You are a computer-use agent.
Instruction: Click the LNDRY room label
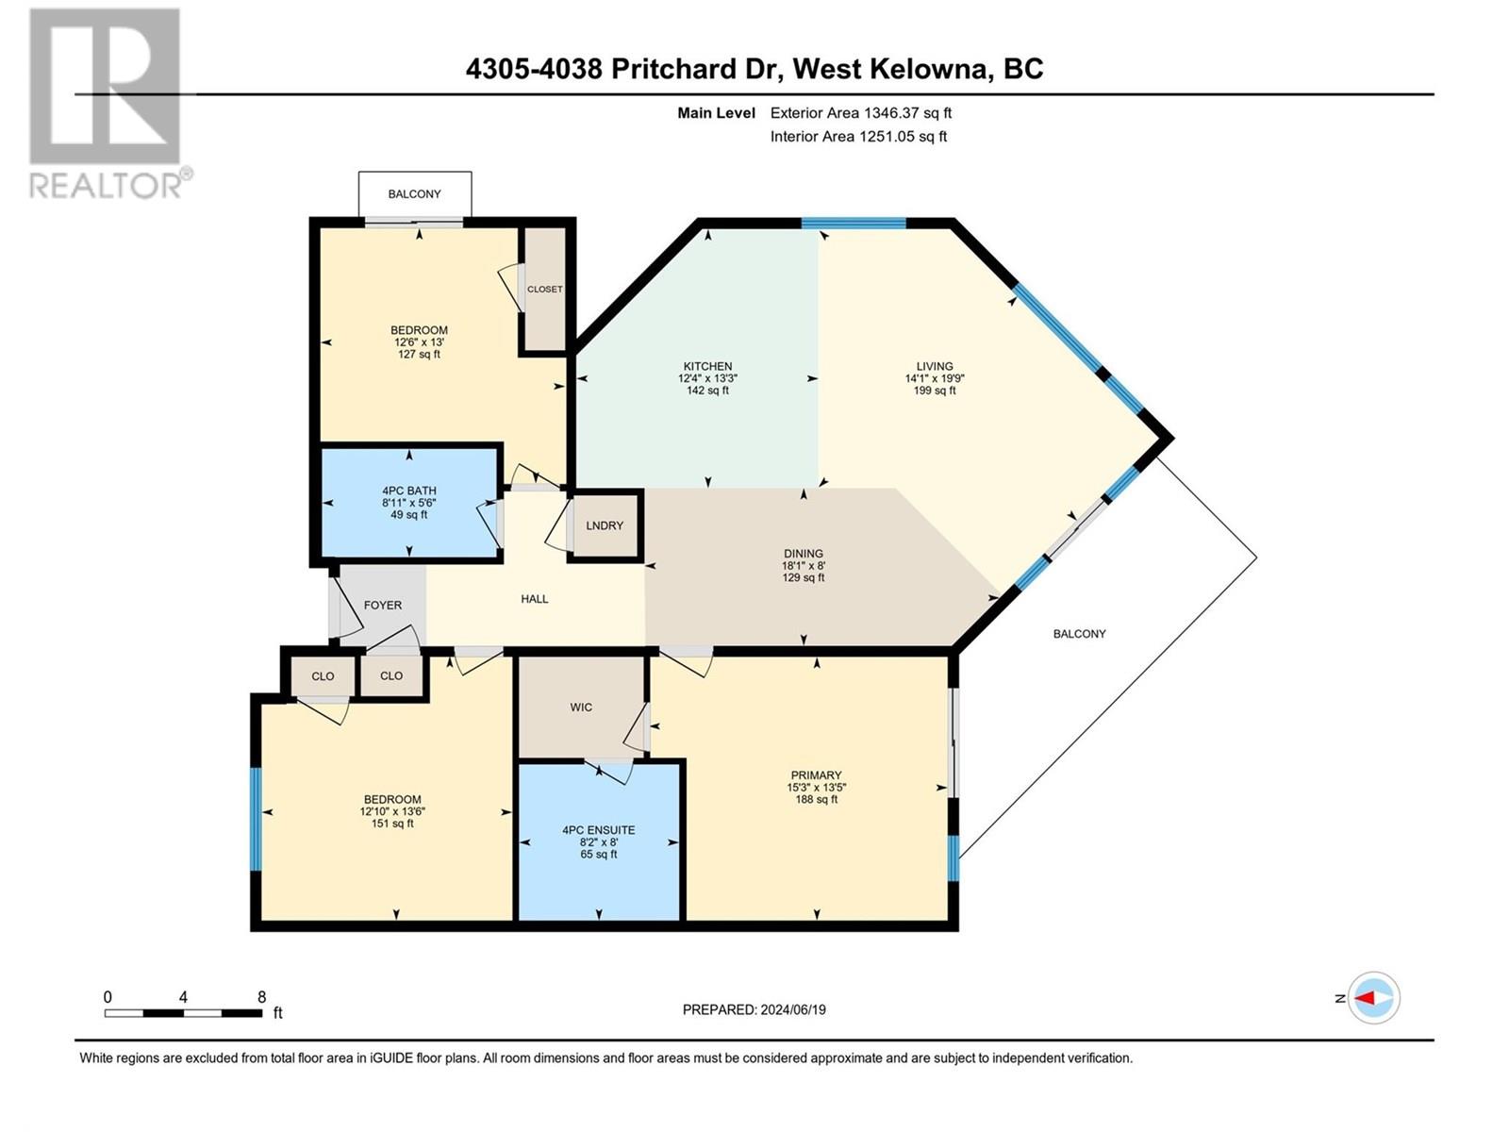(605, 525)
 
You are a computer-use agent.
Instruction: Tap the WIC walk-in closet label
(581, 707)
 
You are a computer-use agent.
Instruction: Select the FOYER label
(382, 605)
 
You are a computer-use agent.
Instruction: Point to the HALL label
(534, 599)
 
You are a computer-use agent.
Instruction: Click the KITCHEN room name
(707, 366)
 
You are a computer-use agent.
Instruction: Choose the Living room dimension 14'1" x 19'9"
(935, 378)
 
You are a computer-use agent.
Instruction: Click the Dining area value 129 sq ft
(803, 577)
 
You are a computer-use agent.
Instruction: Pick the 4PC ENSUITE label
(598, 830)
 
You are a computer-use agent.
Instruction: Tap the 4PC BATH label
(409, 491)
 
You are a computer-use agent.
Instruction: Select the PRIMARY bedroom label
(816, 775)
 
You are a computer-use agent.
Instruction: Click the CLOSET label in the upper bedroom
(544, 290)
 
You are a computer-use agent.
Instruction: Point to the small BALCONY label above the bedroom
(415, 193)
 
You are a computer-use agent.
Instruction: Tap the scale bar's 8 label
(261, 997)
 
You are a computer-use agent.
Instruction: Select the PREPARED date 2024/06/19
(792, 1009)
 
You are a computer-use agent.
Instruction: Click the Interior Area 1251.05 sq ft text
(858, 136)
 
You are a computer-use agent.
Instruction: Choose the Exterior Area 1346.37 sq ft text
(861, 112)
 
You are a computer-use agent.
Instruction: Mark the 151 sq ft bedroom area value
(391, 824)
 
